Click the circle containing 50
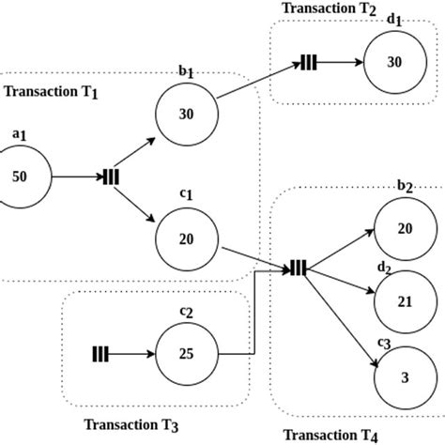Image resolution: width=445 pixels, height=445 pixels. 21,176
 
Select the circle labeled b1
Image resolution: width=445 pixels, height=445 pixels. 186,114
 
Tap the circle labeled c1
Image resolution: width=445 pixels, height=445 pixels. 186,238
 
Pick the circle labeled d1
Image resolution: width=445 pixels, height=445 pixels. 394,62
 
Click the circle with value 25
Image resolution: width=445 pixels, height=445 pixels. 186,354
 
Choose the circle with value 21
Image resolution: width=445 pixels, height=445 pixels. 404,302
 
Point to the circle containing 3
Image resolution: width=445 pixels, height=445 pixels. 404,376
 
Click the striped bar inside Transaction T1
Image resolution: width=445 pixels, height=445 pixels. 111,176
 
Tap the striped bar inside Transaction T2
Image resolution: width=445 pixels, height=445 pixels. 309,63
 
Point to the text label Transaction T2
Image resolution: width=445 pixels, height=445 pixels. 328,8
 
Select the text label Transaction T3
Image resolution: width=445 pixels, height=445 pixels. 130,423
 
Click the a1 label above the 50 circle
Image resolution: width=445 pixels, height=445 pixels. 19,135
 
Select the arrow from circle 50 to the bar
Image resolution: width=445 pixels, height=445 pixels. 77,176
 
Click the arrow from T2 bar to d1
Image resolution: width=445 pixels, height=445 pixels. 340,63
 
